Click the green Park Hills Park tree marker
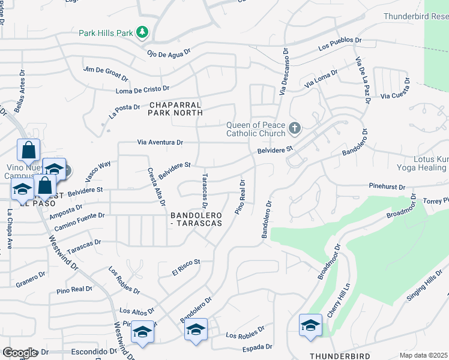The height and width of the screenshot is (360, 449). coord(142,32)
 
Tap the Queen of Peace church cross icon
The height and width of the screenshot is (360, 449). coord(294,128)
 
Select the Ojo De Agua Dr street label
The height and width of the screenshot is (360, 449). coord(169,53)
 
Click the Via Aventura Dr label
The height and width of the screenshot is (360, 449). coord(160,143)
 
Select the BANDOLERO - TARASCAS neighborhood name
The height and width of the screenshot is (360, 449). coord(196,219)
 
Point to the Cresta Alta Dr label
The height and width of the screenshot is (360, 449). coord(156,186)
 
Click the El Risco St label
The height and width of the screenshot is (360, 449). coord(185,267)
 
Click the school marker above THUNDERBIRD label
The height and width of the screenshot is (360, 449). coord(310,326)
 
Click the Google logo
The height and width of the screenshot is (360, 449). coord(19,353)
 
